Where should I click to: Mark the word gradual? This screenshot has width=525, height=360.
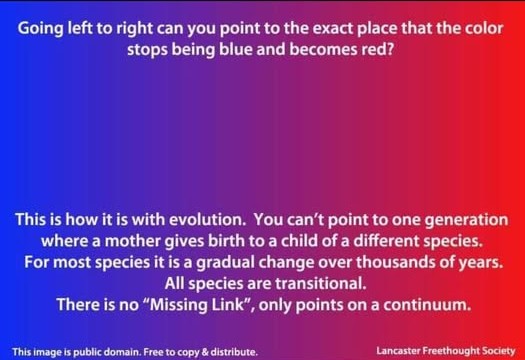tap(260, 262)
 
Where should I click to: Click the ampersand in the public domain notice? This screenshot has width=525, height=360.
tap(208, 351)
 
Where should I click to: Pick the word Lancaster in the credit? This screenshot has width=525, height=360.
tap(402, 351)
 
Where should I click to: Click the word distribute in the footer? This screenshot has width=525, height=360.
tap(236, 351)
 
